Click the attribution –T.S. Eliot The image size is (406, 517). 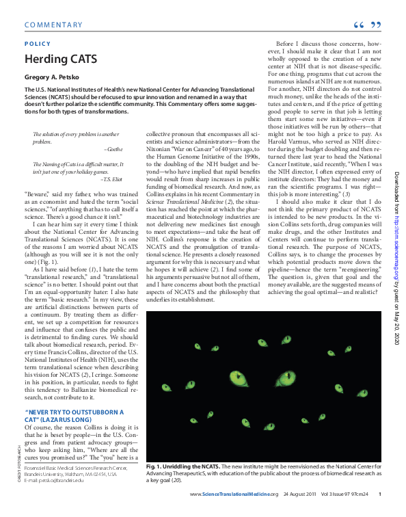point(111,179)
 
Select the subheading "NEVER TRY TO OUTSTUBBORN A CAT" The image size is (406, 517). point(75,416)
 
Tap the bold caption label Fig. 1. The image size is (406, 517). point(156,466)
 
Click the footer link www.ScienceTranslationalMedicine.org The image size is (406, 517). point(234,494)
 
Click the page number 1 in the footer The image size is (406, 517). point(379,494)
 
